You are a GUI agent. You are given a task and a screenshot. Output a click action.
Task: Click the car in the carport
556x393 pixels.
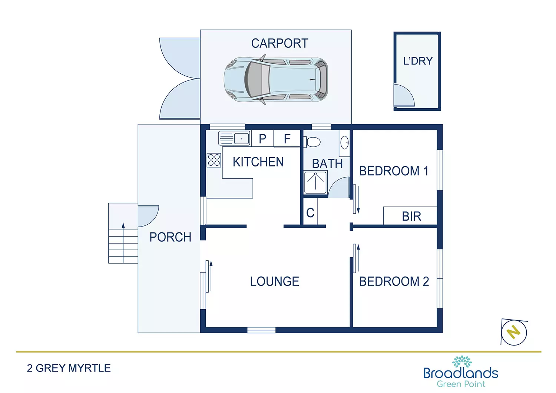(276, 80)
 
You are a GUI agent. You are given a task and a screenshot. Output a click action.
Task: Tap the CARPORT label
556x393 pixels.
(279, 43)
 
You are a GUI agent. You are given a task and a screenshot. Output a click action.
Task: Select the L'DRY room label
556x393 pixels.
(418, 61)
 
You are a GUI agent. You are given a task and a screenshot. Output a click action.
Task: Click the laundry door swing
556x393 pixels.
(403, 96)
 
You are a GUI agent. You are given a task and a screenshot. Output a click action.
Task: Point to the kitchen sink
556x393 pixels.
(234, 138)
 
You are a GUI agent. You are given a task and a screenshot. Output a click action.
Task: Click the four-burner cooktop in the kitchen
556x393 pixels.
(214, 160)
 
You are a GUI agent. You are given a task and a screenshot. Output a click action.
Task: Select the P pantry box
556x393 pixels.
(262, 139)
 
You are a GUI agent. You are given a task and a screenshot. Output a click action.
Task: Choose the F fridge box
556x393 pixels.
(287, 139)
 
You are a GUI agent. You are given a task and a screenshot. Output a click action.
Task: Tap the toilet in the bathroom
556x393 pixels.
(312, 142)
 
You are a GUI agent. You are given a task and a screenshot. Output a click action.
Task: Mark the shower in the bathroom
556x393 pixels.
(315, 182)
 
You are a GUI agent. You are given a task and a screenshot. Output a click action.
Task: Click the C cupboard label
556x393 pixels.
(310, 213)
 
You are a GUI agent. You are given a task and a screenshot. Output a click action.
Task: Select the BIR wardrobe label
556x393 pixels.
(411, 216)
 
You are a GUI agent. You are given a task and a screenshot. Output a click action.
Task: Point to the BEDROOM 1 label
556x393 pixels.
(394, 171)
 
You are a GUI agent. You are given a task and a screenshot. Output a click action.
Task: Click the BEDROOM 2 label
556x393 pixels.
(394, 281)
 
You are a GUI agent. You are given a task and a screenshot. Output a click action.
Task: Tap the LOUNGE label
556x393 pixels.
(275, 281)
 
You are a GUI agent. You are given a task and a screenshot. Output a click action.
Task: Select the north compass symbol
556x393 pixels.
(514, 332)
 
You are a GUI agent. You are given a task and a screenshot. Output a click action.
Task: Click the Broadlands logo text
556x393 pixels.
(461, 373)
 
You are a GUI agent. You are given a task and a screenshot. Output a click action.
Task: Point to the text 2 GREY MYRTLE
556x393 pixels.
(69, 368)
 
